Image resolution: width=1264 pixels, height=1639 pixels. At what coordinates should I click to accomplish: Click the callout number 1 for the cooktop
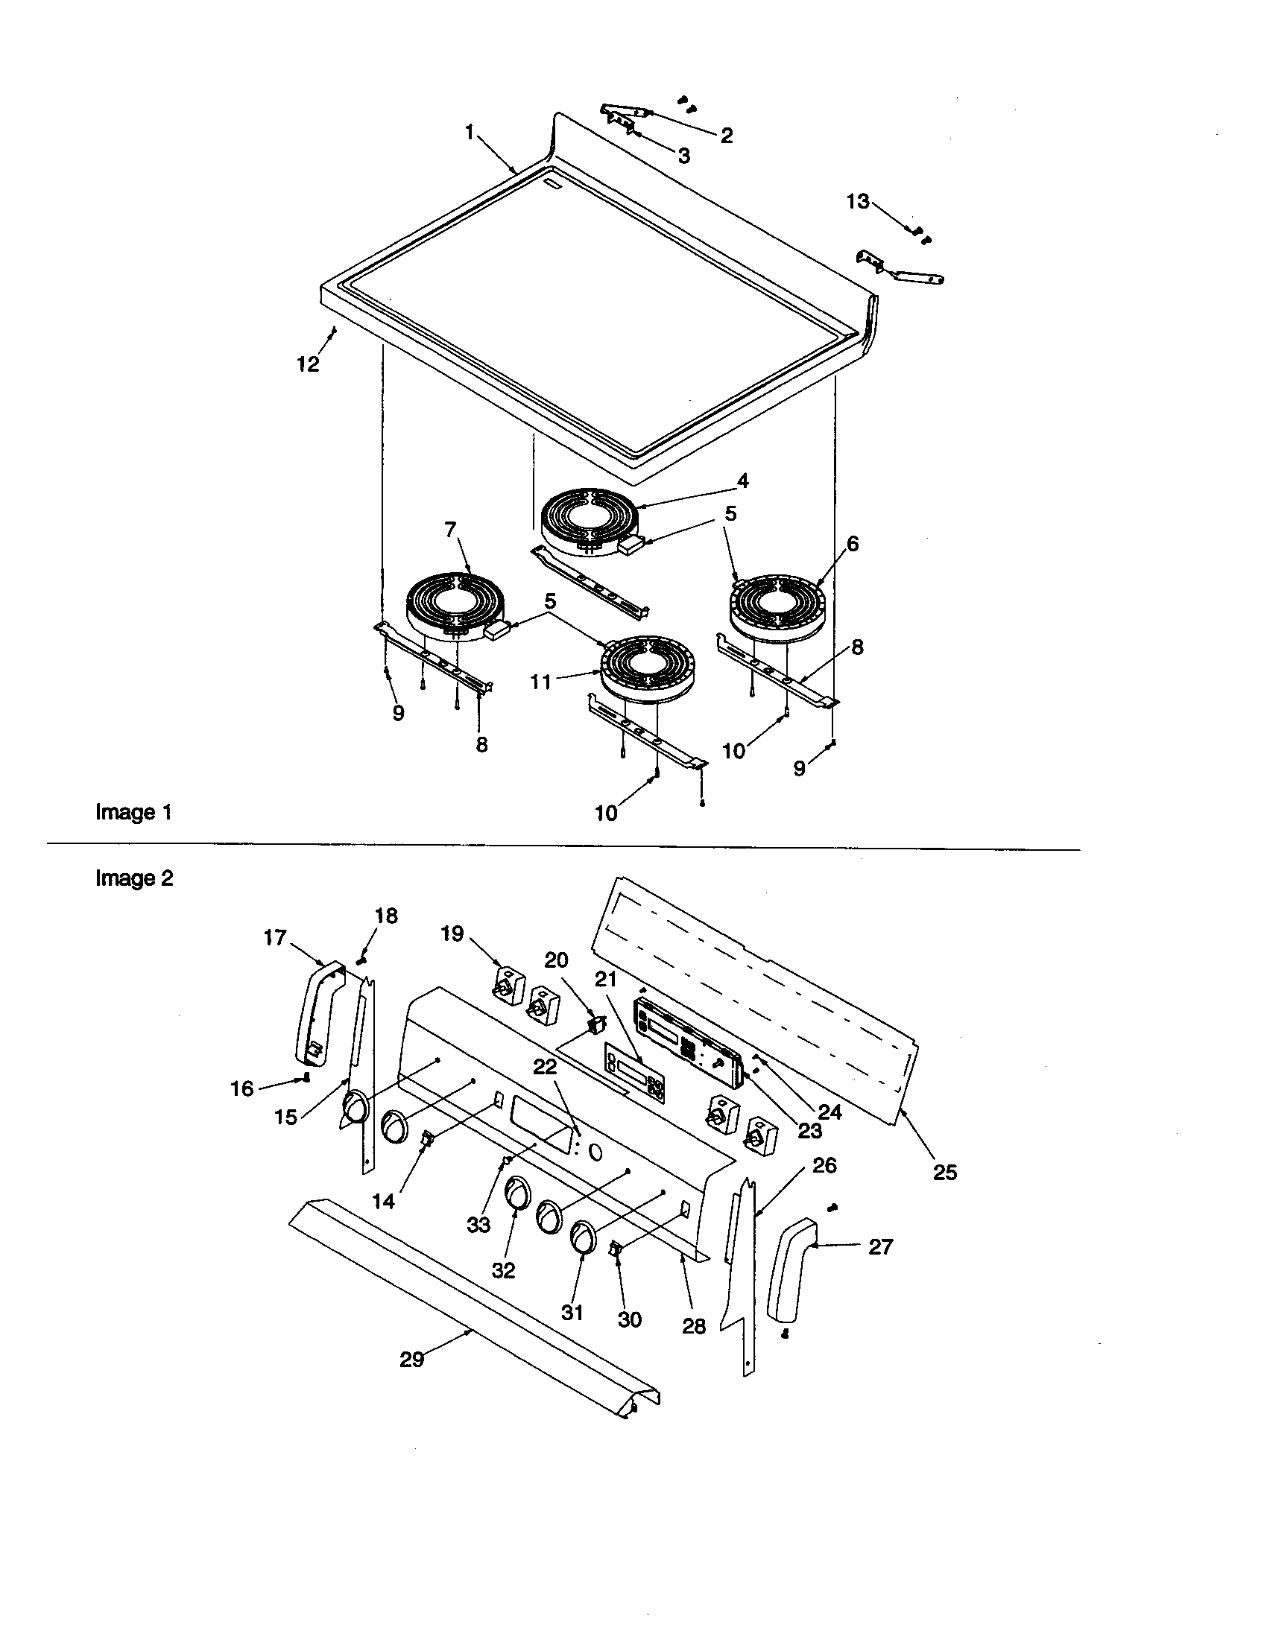pyautogui.click(x=470, y=133)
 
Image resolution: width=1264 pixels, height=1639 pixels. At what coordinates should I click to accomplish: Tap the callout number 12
pyautogui.click(x=309, y=364)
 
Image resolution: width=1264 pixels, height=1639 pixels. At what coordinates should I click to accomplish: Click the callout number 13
pyautogui.click(x=857, y=202)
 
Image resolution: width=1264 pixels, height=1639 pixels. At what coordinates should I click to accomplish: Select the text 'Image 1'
pyautogui.click(x=133, y=812)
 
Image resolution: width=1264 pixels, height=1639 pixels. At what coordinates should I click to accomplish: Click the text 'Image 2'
pyautogui.click(x=133, y=878)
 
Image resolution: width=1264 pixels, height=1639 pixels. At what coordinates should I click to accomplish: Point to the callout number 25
pyautogui.click(x=945, y=1172)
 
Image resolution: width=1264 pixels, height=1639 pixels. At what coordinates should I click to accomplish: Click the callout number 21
pyautogui.click(x=606, y=980)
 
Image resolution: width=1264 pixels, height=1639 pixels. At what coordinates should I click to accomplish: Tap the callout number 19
pyautogui.click(x=452, y=933)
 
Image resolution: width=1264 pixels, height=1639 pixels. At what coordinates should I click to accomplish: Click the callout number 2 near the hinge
pyautogui.click(x=726, y=136)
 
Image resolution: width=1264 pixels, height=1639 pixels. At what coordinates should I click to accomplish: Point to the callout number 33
pyautogui.click(x=478, y=1225)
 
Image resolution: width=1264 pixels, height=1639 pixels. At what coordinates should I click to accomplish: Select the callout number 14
pyautogui.click(x=384, y=1202)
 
